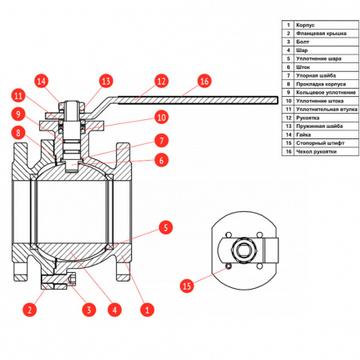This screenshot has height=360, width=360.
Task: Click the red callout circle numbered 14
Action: click(x=42, y=81)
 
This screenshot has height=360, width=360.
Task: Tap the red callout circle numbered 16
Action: click(x=204, y=81)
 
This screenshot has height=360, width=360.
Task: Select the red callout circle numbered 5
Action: click(x=166, y=227)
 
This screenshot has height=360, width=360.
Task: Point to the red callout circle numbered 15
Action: click(x=186, y=286)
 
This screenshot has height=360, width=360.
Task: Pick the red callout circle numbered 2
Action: click(x=30, y=310)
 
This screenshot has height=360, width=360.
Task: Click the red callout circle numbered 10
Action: click(x=162, y=117)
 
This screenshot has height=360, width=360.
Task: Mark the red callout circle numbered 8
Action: click(x=18, y=133)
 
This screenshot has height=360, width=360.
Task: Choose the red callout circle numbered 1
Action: click(x=147, y=310)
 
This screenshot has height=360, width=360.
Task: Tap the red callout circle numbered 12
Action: click(x=162, y=81)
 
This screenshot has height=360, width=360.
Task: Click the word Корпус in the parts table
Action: click(x=305, y=25)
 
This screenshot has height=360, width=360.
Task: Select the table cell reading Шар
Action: click(x=302, y=50)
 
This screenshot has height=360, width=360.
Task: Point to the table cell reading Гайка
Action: click(x=303, y=134)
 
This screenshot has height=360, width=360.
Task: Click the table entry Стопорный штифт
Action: click(x=320, y=143)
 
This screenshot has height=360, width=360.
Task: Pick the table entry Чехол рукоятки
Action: click(x=316, y=152)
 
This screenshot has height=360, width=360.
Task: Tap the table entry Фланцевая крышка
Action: click(x=321, y=34)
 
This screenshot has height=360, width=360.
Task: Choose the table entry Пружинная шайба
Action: click(x=319, y=126)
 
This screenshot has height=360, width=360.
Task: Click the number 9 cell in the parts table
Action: click(x=288, y=93)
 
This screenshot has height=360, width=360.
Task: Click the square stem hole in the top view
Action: click(x=243, y=250)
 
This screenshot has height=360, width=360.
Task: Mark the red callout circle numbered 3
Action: click(x=89, y=310)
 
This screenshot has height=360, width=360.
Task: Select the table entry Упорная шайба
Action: click(x=316, y=76)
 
